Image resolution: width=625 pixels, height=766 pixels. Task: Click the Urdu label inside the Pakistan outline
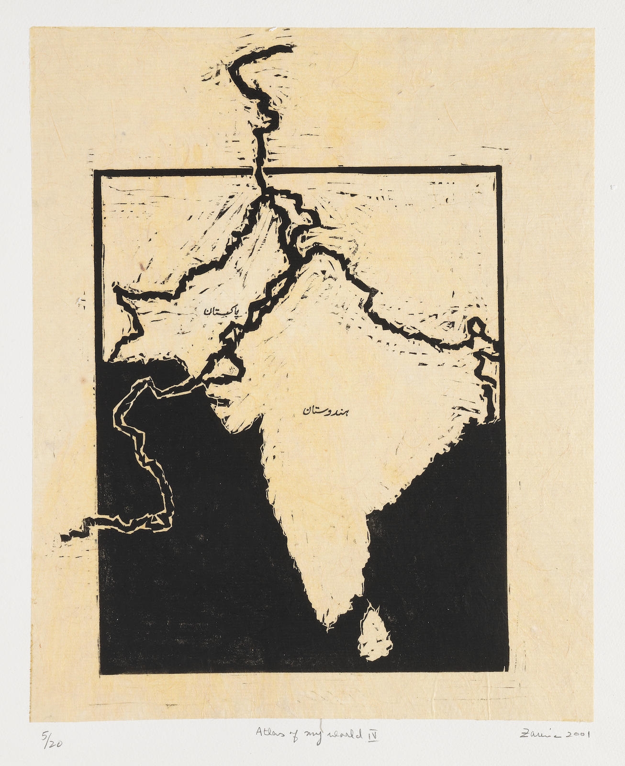click(219, 311)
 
